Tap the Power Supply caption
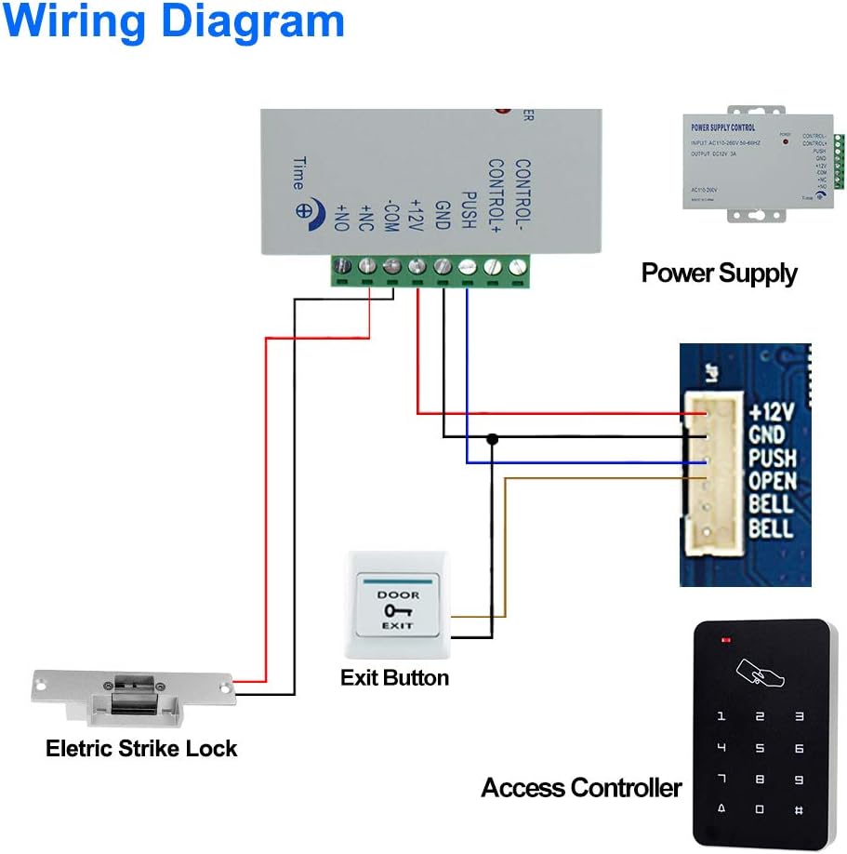pos(719,273)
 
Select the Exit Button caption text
pos(394,677)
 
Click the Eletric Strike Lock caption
pos(141,748)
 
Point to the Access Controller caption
pos(581,788)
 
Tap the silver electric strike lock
pos(131,698)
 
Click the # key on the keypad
pos(799,811)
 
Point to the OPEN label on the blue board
pos(772,481)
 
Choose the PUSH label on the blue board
pos(772,458)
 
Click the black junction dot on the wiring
pos(492,438)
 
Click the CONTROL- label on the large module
pos(522,195)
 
